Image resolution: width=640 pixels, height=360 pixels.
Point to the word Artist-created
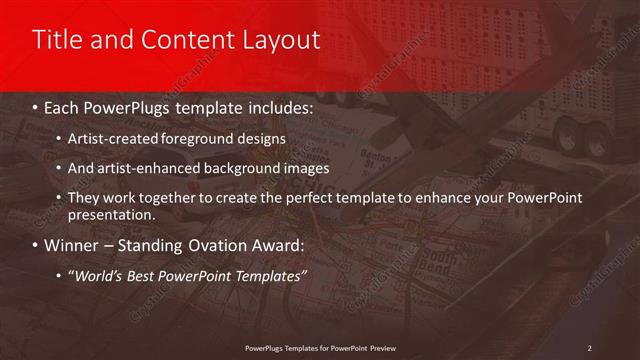108,137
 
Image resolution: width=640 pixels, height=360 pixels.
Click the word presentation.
111,214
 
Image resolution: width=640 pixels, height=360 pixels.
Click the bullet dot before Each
36,105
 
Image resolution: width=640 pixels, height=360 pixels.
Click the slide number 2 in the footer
590,347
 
